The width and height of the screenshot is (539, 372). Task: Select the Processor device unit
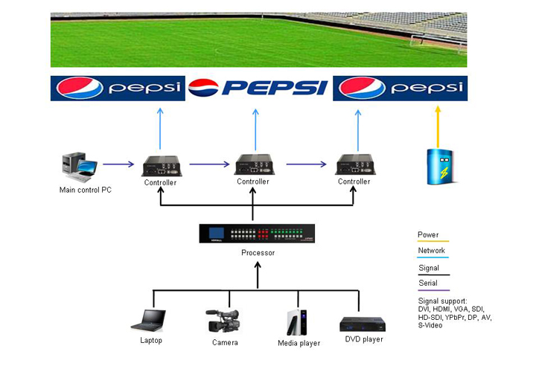[258, 234]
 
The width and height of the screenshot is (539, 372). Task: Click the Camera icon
[223, 321]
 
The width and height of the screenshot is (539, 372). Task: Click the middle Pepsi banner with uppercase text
[258, 89]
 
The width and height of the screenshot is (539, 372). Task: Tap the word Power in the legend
[428, 235]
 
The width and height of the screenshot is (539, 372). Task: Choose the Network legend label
[431, 251]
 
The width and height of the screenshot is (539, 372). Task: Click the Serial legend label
[428, 283]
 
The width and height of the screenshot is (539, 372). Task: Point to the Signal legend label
[428, 268]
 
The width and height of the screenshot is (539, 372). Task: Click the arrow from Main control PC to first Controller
[119, 164]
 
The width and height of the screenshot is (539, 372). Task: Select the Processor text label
[258, 253]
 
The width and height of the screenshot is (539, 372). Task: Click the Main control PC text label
[86, 190]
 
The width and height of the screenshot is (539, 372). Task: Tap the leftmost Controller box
[160, 164]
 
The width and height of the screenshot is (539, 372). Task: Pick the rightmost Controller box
[354, 164]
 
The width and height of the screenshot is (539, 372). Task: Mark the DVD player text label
[364, 339]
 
